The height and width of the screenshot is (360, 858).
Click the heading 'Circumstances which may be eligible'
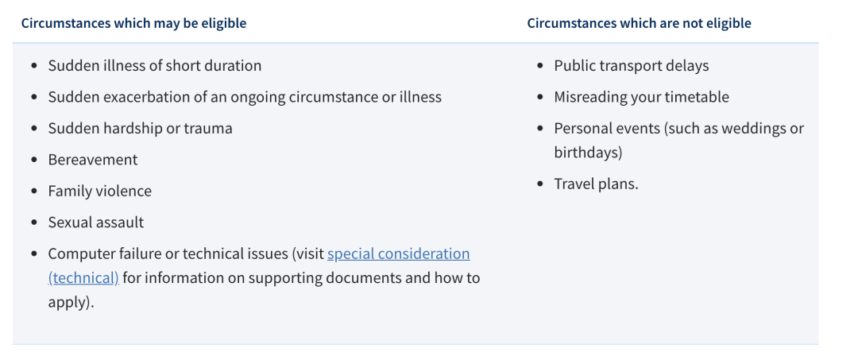pyautogui.click(x=133, y=24)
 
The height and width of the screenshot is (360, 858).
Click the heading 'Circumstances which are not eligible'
pyautogui.click(x=639, y=24)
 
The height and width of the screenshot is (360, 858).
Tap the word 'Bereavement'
pyautogui.click(x=93, y=160)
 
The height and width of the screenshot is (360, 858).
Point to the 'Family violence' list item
pyautogui.click(x=99, y=192)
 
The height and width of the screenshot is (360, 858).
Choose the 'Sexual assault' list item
pyautogui.click(x=96, y=223)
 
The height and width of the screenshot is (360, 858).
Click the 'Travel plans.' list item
pyautogui.click(x=597, y=184)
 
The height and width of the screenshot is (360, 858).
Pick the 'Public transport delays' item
pyautogui.click(x=632, y=66)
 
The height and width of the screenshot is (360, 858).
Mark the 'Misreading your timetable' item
pyautogui.click(x=642, y=98)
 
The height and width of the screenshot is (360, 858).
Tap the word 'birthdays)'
pyautogui.click(x=588, y=153)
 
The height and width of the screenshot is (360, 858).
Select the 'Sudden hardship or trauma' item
pyautogui.click(x=140, y=129)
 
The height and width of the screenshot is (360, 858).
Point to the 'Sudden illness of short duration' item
pyautogui.click(x=155, y=66)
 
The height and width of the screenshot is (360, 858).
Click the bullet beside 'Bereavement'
pyautogui.click(x=35, y=161)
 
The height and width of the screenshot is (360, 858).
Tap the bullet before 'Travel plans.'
pyautogui.click(x=541, y=184)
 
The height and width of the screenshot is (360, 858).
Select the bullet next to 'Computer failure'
pyautogui.click(x=35, y=254)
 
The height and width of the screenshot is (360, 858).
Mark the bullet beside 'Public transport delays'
pyautogui.click(x=541, y=66)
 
